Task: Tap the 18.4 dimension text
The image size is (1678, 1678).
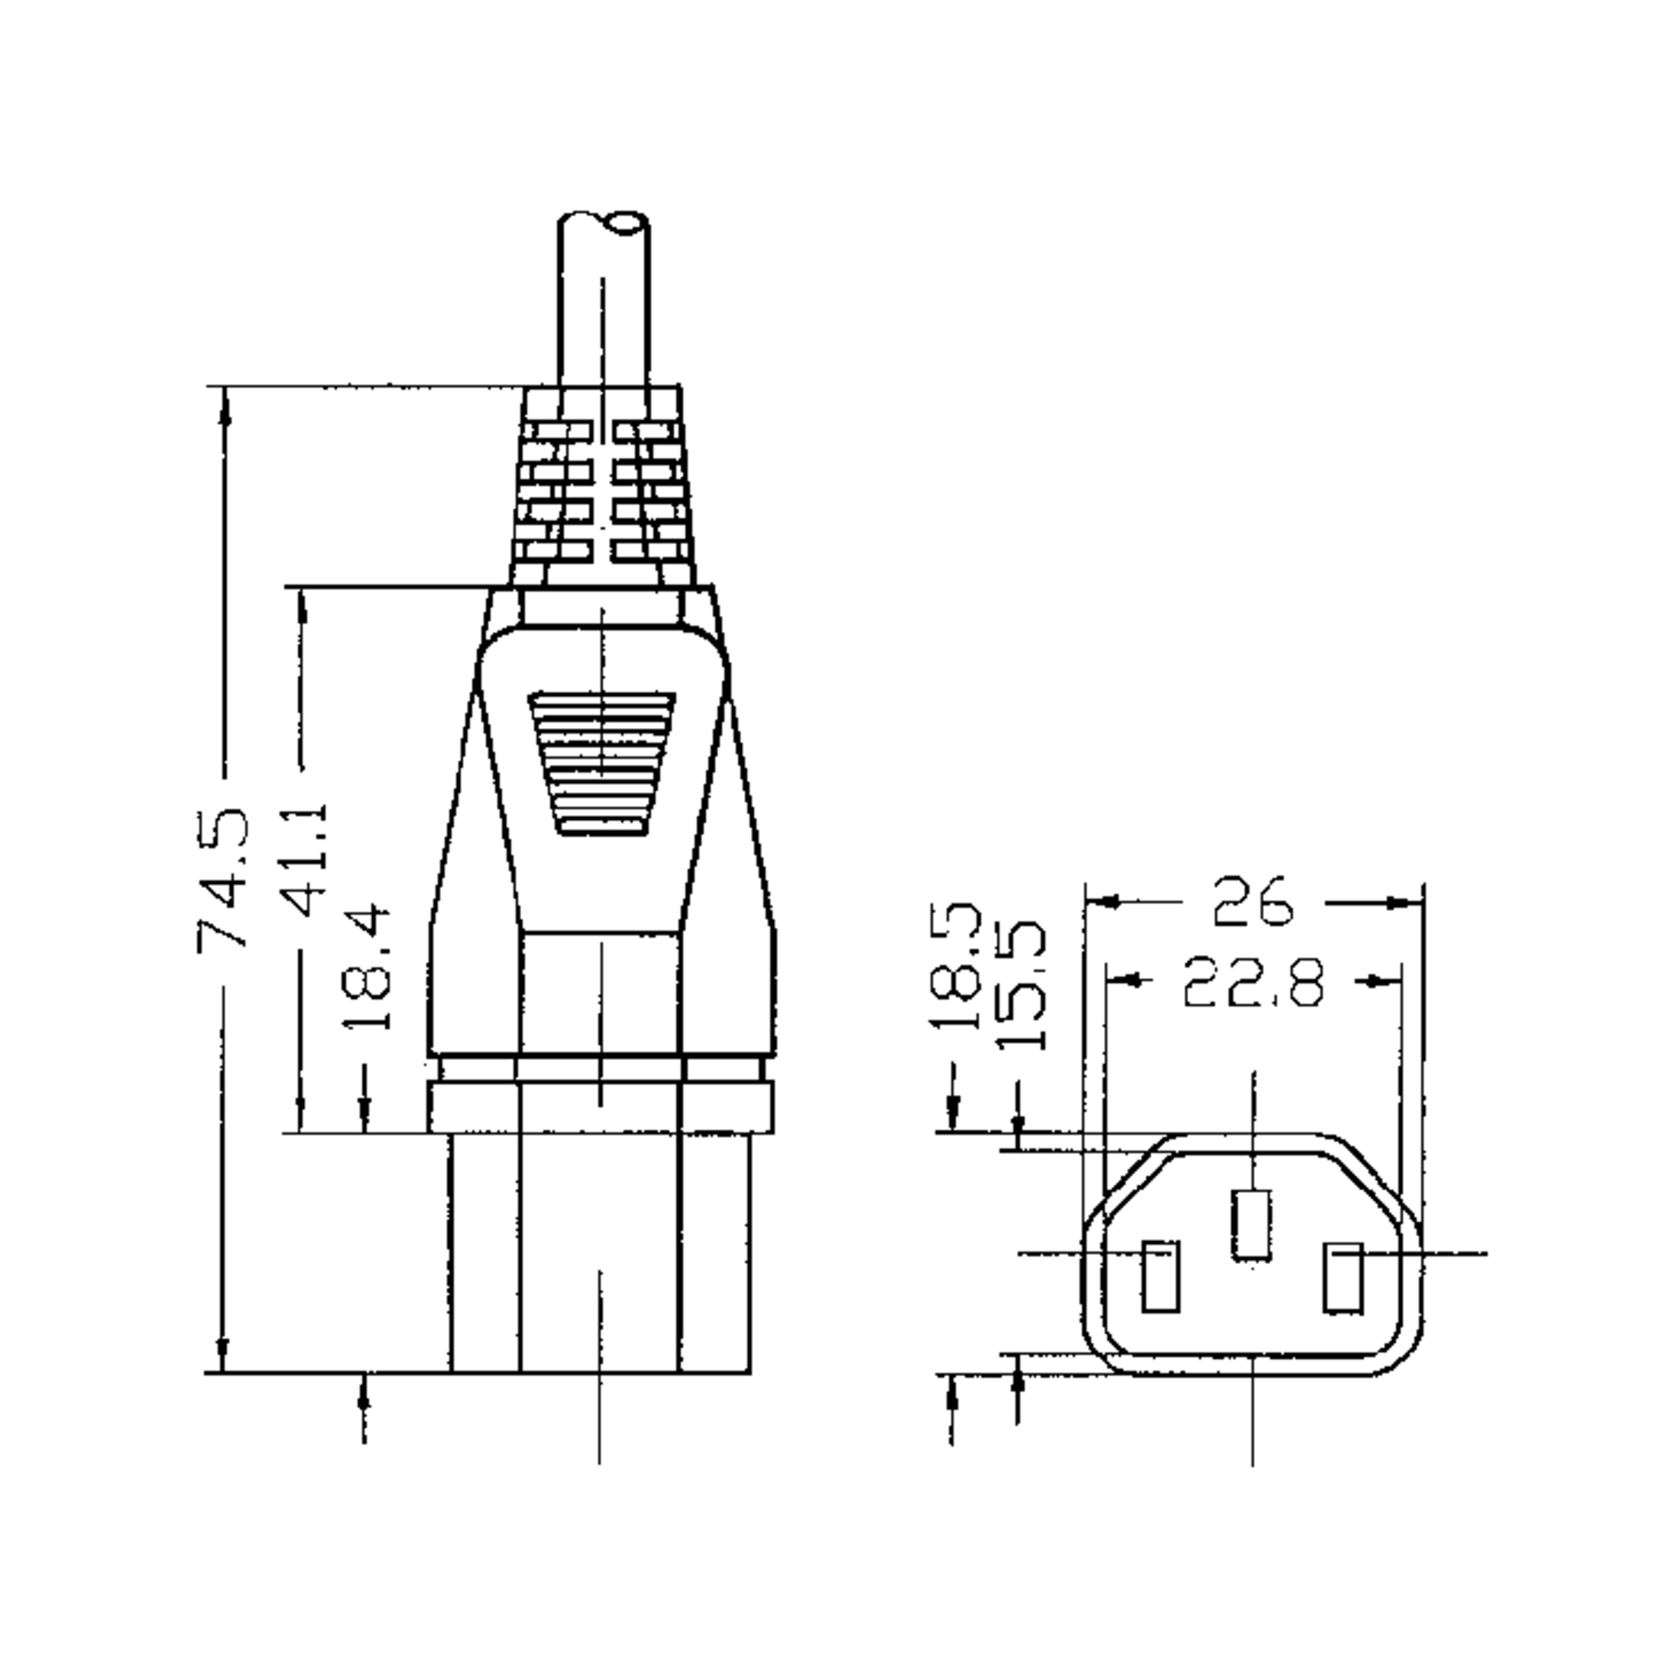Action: click(366, 967)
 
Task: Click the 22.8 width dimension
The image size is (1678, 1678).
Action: click(1254, 982)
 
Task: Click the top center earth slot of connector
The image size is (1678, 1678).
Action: click(1252, 1226)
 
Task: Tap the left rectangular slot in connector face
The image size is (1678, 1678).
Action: click(1161, 1277)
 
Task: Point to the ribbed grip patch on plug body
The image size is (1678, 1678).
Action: click(602, 763)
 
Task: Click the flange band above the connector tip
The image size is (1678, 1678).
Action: click(601, 1107)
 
